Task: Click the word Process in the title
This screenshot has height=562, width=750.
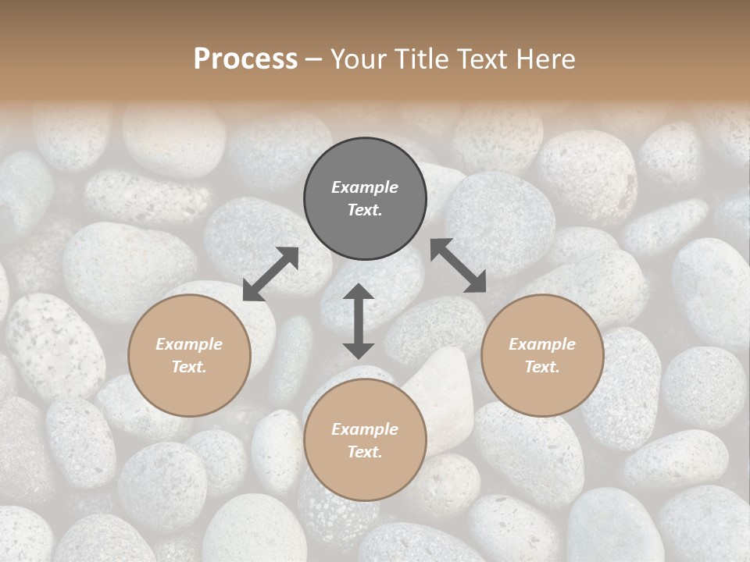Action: click(245, 59)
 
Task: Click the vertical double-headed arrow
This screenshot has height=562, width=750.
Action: click(359, 321)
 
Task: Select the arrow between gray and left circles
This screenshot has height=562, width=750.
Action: click(270, 274)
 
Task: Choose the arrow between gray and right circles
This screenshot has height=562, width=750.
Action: click(459, 265)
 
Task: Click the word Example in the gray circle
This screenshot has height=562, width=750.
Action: click(365, 187)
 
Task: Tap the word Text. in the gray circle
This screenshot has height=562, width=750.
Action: click(365, 210)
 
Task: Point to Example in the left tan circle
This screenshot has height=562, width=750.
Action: click(189, 344)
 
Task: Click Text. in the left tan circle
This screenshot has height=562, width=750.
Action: click(189, 367)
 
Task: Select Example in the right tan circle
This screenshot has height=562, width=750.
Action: click(542, 344)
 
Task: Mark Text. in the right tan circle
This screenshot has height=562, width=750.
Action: click(542, 367)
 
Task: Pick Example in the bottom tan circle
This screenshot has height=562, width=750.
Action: click(365, 429)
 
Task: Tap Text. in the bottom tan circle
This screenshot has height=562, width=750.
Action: click(365, 452)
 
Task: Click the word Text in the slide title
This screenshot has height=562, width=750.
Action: click(484, 59)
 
